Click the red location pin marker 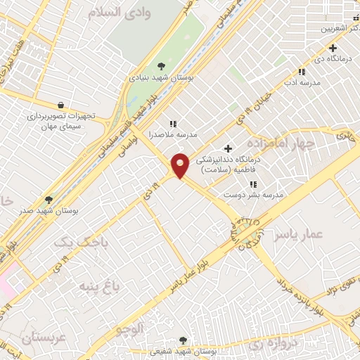tap(180, 165)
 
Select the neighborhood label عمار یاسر tap(299, 233)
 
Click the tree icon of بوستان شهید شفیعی tap(184, 340)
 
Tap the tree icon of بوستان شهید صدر tap(49, 200)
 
